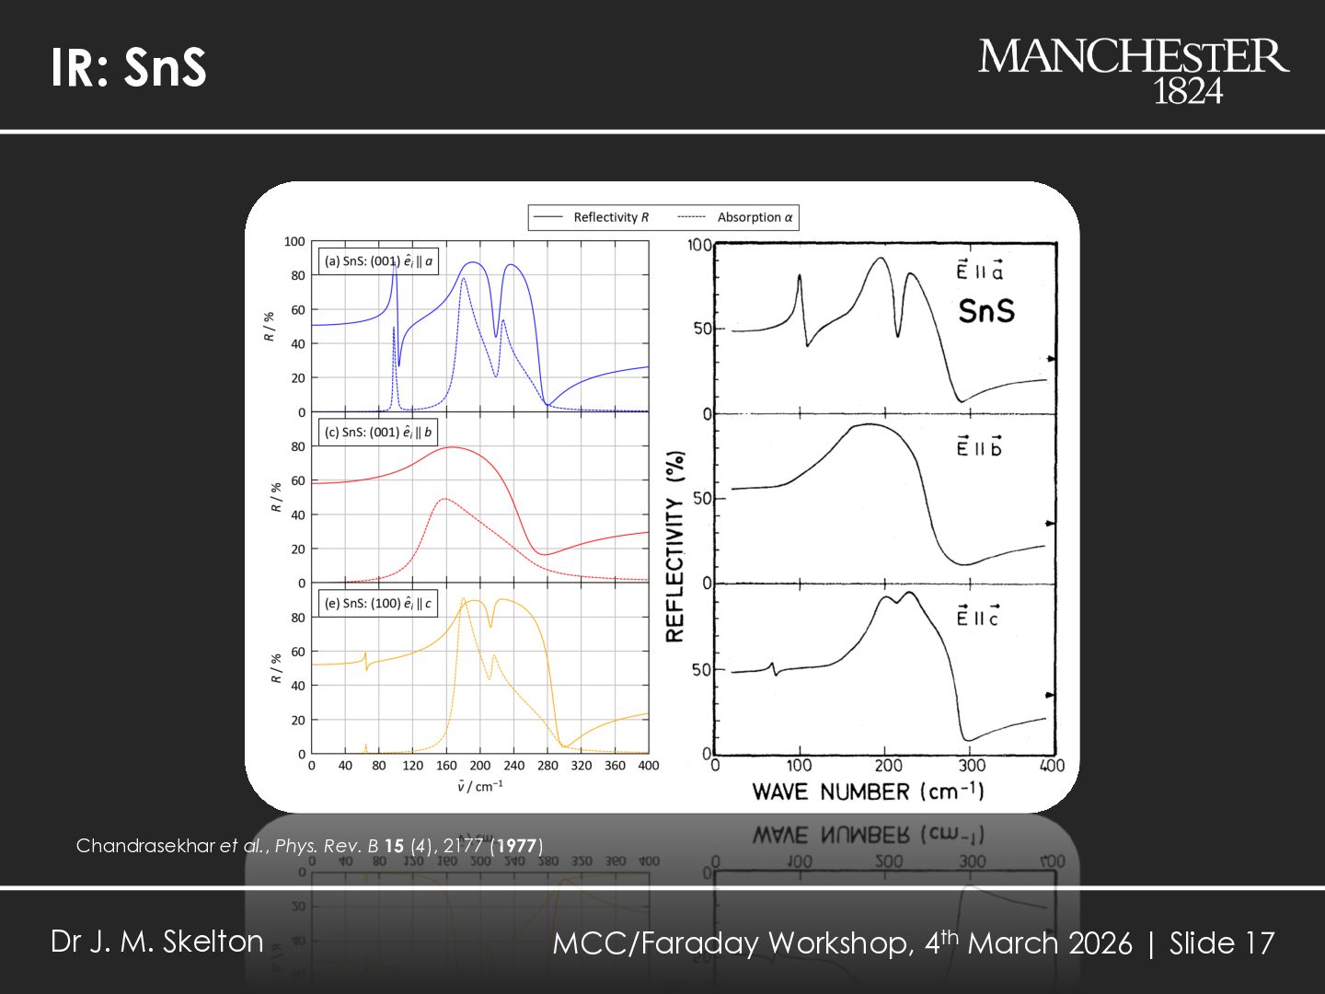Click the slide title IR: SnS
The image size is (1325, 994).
pyautogui.click(x=129, y=67)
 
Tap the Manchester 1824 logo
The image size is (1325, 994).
pyautogui.click(x=1133, y=70)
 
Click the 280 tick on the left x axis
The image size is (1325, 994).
pyautogui.click(x=547, y=766)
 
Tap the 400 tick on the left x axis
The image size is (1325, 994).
pyautogui.click(x=649, y=766)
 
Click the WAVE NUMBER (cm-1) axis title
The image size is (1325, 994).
pyautogui.click(x=868, y=792)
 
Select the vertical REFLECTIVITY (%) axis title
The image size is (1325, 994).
pyautogui.click(x=675, y=546)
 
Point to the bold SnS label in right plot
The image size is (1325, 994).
pyautogui.click(x=986, y=311)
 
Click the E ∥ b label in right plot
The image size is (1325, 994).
pyautogui.click(x=979, y=447)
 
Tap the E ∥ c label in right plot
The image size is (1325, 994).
pyautogui.click(x=977, y=617)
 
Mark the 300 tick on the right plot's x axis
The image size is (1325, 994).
pyautogui.click(x=972, y=766)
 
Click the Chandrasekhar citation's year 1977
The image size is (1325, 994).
pyautogui.click(x=517, y=846)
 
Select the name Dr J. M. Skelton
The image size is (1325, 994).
pyautogui.click(x=157, y=942)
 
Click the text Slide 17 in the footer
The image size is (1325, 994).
pyautogui.click(x=1222, y=943)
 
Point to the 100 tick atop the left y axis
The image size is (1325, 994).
pyautogui.click(x=294, y=242)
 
